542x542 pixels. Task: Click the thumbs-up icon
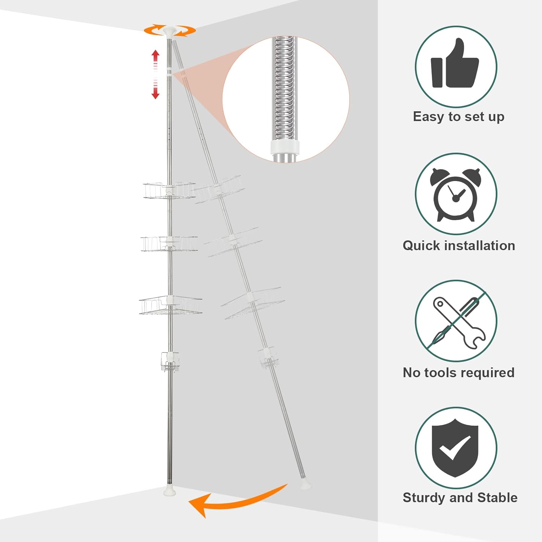(455, 65)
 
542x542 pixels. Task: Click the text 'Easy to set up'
(459, 117)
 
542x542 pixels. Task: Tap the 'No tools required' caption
(459, 373)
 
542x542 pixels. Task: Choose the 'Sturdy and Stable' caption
(460, 498)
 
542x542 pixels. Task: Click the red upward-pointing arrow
(155, 58)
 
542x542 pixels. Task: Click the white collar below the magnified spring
(285, 147)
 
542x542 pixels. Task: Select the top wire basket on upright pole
(169, 190)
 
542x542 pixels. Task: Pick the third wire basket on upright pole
(170, 305)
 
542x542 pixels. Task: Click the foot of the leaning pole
(306, 485)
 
